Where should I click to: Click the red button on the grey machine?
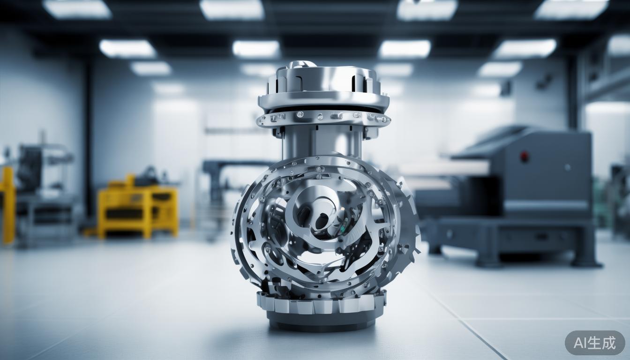(x=524, y=157)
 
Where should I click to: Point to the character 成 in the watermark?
(x=610, y=343)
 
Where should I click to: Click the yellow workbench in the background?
(x=138, y=208)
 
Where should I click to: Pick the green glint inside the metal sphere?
(x=342, y=229)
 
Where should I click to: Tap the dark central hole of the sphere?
(x=321, y=221)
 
